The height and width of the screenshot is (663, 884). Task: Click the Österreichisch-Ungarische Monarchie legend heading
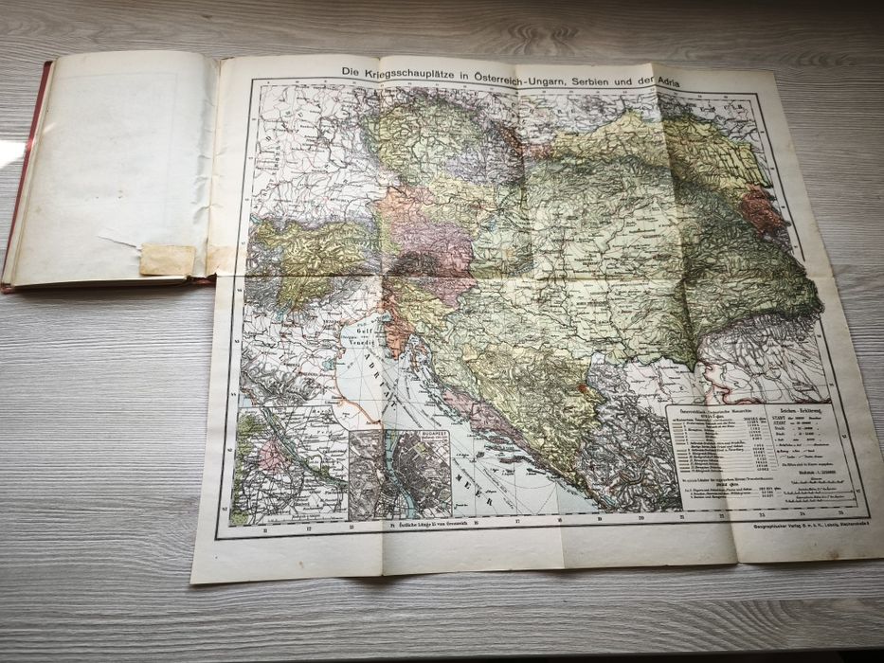[705, 414]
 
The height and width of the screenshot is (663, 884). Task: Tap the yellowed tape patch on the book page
[167, 260]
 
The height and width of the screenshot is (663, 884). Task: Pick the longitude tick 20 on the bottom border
[641, 518]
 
